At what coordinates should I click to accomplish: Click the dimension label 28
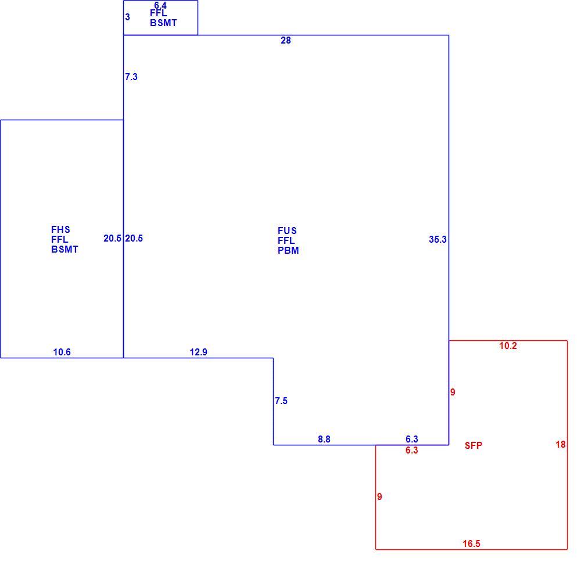click(286, 41)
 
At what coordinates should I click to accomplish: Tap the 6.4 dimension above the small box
click(160, 5)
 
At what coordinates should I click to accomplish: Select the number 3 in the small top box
click(127, 17)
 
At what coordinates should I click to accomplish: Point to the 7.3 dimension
click(131, 77)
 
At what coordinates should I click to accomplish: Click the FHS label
click(60, 229)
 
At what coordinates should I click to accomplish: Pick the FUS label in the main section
click(287, 231)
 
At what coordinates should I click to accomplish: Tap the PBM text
click(288, 251)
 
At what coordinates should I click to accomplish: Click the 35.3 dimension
click(437, 240)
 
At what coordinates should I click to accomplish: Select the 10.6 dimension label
click(62, 352)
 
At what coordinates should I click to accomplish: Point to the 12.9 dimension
click(199, 352)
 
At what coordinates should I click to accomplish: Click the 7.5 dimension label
click(281, 401)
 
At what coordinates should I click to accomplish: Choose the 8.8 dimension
click(324, 439)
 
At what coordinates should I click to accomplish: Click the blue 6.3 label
click(412, 439)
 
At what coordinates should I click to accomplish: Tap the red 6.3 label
click(412, 450)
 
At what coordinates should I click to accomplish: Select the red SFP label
click(474, 445)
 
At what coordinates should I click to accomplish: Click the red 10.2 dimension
click(508, 346)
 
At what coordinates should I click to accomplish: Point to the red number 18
click(561, 444)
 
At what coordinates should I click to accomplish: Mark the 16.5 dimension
click(471, 544)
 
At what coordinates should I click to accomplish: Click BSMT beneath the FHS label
click(65, 250)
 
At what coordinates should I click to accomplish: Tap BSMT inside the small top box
click(163, 23)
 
